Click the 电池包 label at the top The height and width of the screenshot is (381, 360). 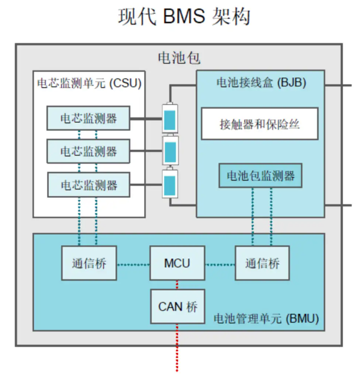(x=178, y=58)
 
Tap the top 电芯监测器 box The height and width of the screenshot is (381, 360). (x=88, y=118)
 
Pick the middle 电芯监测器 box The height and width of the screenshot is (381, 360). (x=88, y=151)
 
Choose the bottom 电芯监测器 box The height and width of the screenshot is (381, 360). (x=88, y=185)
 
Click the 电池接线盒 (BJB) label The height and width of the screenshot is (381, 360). (x=260, y=83)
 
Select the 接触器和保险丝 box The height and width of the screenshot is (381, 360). (x=259, y=124)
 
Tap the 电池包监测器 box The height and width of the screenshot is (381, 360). (x=260, y=176)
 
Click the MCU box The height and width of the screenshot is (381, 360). (x=177, y=264)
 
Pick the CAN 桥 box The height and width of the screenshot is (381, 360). (x=177, y=307)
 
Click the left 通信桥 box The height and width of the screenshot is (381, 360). (x=89, y=264)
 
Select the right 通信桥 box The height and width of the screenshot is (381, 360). (x=262, y=264)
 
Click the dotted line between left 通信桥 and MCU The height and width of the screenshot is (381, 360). (x=133, y=265)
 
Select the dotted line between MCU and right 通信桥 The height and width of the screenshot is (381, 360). (x=220, y=265)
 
